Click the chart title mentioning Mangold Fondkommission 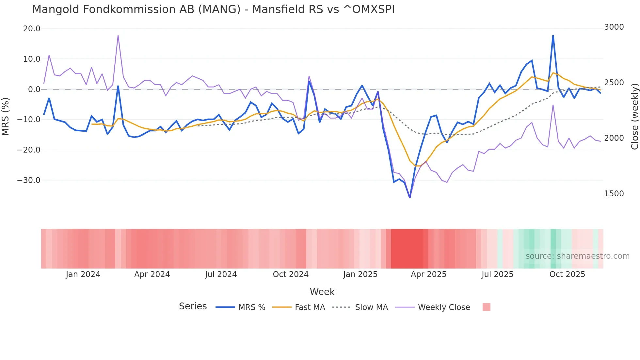tap(213, 9)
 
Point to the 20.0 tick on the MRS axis tap(32, 29)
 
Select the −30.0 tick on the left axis tap(29, 180)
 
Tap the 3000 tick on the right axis tap(614, 27)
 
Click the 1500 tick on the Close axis tap(614, 194)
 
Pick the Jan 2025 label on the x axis tap(360, 274)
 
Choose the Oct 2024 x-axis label tap(291, 274)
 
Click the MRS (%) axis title tap(6, 116)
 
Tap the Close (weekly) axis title tap(634, 117)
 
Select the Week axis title tap(322, 292)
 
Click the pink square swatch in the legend tap(486, 307)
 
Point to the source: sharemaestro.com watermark tap(577, 256)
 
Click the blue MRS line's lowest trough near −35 tap(410, 197)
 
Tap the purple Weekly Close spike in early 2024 tap(118, 35)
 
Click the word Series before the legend tap(193, 306)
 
